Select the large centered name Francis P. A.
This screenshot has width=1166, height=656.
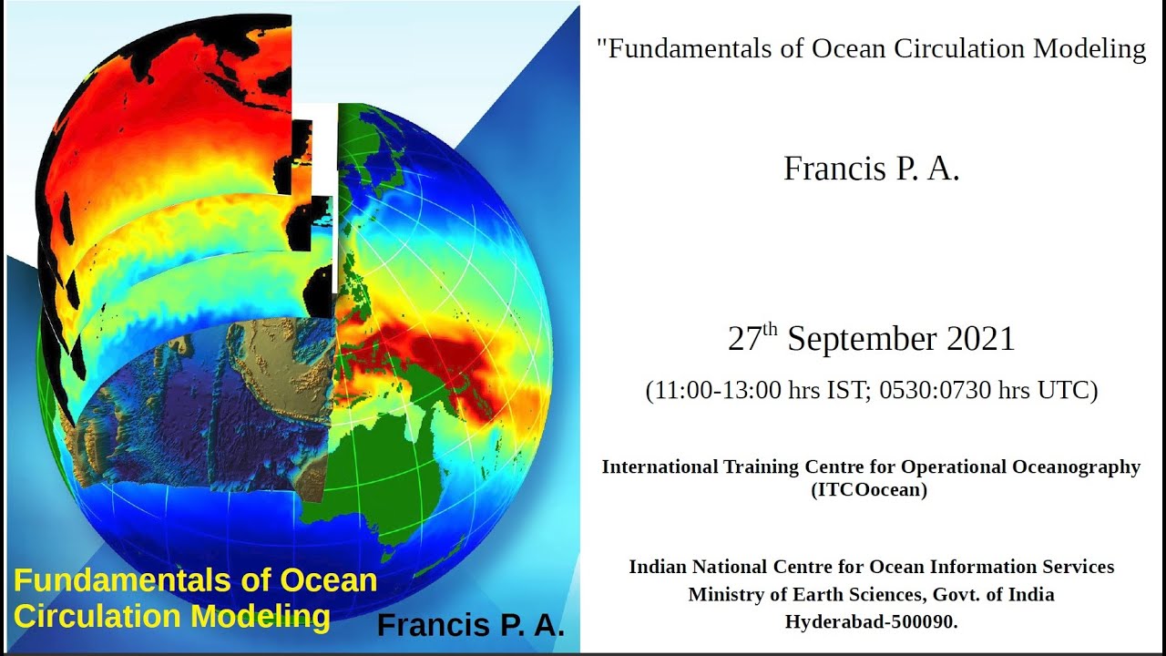[x=872, y=169]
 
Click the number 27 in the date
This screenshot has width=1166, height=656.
[x=744, y=340]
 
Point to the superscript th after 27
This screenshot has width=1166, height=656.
[x=771, y=330]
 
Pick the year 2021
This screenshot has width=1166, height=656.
[x=980, y=340]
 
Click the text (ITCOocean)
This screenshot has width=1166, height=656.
[x=870, y=490]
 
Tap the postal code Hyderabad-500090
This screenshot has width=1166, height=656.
[x=871, y=622]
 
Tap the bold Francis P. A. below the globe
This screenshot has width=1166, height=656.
[x=470, y=626]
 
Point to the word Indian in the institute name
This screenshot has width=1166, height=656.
[x=659, y=567]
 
